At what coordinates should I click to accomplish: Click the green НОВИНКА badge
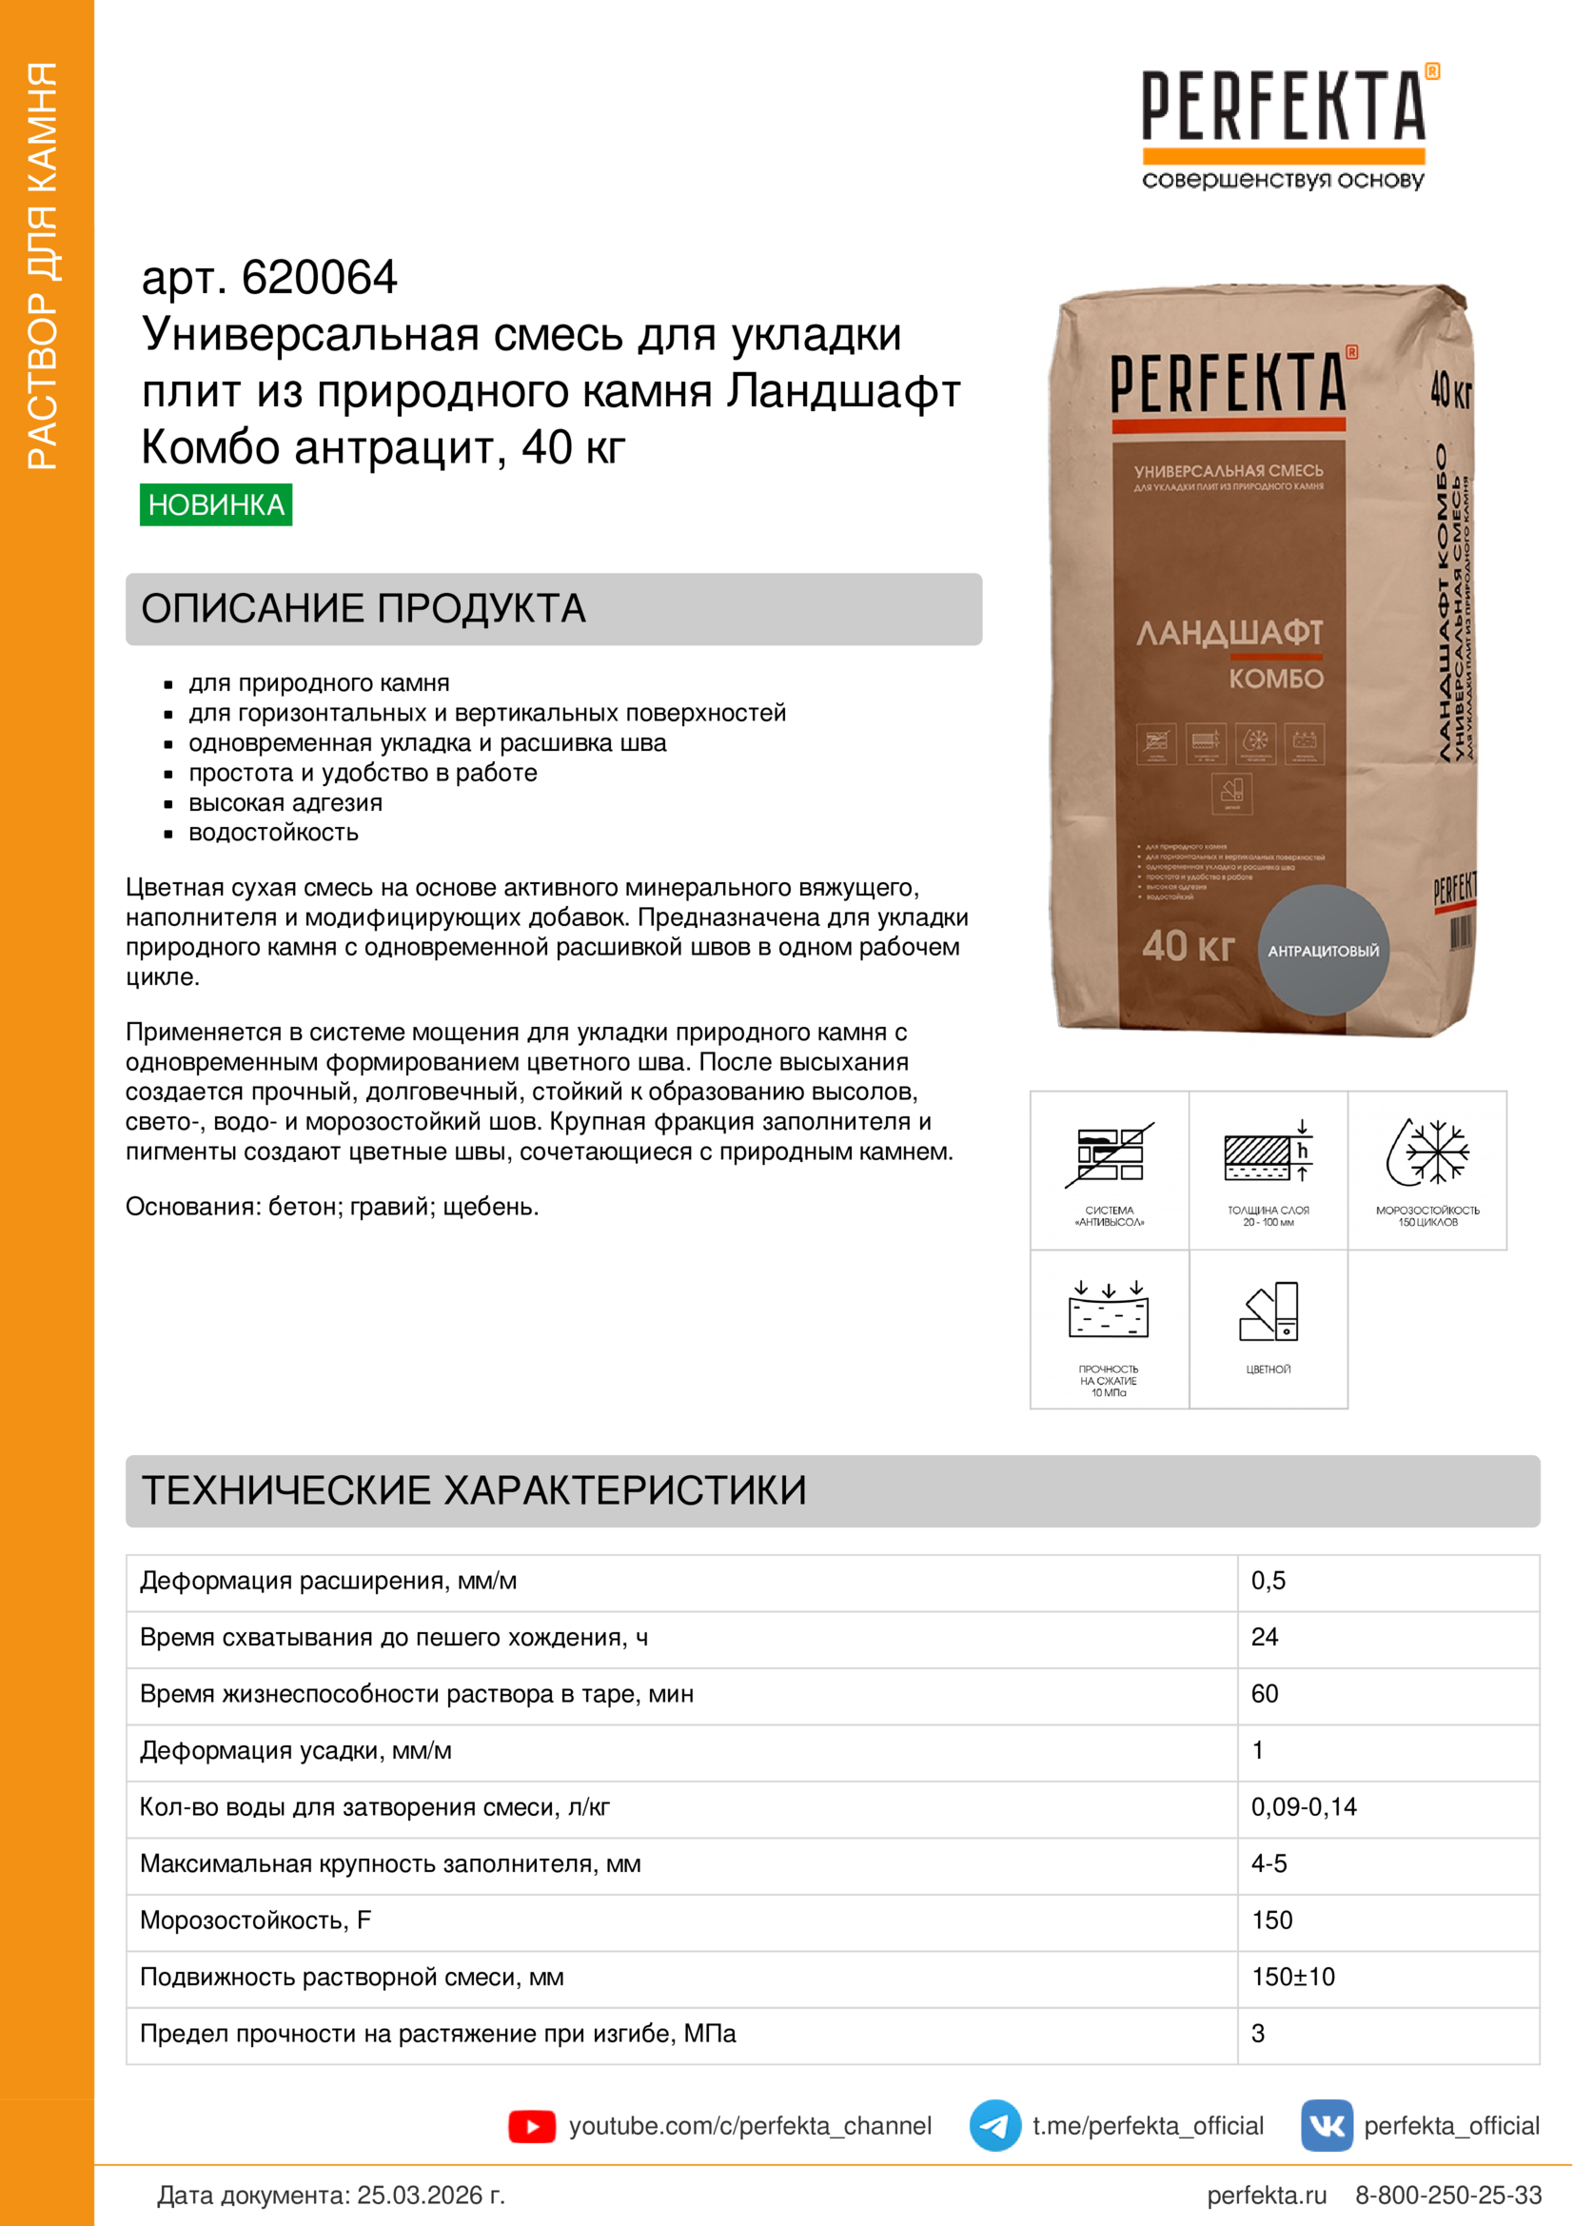[216, 504]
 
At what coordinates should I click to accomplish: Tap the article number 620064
[319, 278]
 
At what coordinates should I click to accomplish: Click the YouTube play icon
[531, 2126]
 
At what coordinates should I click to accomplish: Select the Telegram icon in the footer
[994, 2125]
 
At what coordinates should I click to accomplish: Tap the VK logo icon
[1327, 2125]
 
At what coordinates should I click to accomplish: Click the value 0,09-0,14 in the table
[1304, 1806]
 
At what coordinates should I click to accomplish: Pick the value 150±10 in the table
[1293, 1976]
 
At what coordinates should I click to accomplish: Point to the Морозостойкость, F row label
[256, 1920]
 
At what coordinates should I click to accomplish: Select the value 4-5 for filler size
[1268, 1863]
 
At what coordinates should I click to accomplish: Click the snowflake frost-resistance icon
[1427, 1153]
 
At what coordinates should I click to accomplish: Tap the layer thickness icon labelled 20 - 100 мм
[1268, 1153]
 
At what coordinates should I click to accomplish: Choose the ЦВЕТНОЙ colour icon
[1268, 1313]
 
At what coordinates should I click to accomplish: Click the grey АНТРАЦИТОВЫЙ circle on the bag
[1323, 950]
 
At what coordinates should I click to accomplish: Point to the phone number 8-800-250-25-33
[1448, 2195]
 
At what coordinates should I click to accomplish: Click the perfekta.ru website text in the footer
[1267, 2195]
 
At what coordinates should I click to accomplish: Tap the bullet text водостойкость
[273, 833]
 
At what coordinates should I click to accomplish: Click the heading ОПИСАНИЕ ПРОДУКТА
[364, 609]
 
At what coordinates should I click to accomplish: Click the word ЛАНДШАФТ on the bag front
[1229, 633]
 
